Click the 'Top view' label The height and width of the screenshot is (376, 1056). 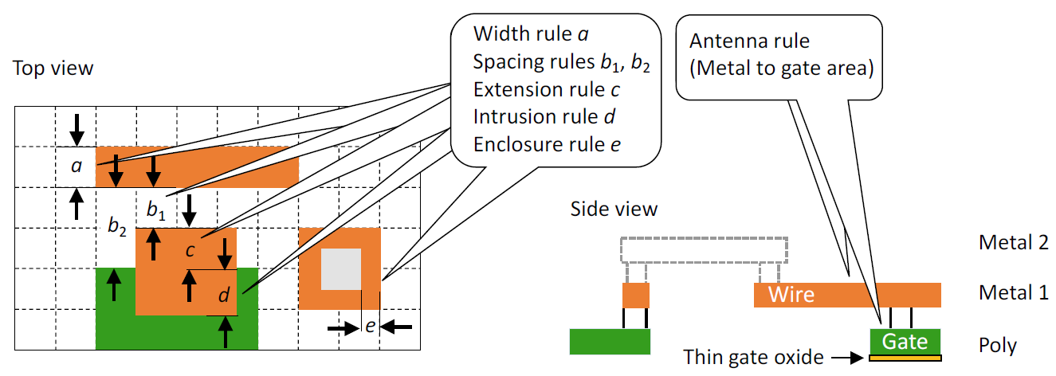coord(53,69)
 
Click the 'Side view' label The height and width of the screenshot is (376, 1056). coord(614,209)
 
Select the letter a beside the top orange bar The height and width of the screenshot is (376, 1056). coord(77,166)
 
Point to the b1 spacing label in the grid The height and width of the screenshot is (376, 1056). coord(156,210)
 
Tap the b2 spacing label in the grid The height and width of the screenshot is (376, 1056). coord(117,226)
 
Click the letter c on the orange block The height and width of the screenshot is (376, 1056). coord(190,250)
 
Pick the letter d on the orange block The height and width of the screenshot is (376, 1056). coord(224,295)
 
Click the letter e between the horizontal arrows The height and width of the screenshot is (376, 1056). coord(371,326)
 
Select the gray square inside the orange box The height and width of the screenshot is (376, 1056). coord(341,269)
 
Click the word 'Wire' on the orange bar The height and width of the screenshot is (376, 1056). coord(791,295)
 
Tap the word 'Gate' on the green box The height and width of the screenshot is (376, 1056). coord(905,342)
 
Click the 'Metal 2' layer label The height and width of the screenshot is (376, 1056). coord(1014,243)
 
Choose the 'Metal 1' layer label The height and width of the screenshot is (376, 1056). coord(1014,292)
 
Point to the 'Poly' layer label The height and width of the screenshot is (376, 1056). coord(998,346)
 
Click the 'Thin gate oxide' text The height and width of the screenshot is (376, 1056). coord(753,357)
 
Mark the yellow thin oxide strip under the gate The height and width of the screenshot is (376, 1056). coord(905,358)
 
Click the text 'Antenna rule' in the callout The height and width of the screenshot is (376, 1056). coord(750,41)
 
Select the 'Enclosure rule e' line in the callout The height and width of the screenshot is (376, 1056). coord(547,145)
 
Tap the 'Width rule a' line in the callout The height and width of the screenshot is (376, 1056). coord(532,34)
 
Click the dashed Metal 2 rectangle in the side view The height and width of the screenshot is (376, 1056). coord(704,238)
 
